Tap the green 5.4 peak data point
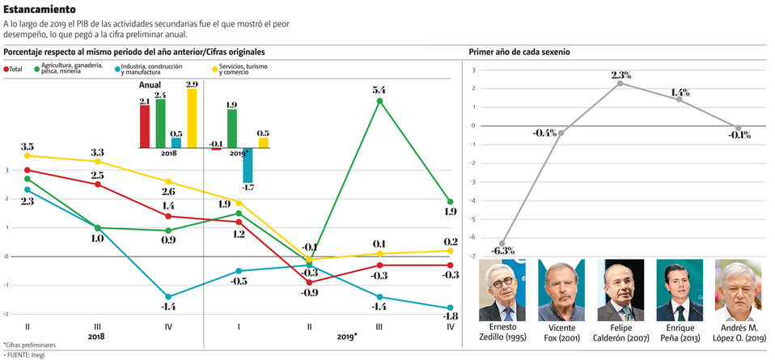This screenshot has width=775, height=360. click(x=380, y=101)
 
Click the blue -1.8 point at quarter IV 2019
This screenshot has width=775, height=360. click(x=451, y=308)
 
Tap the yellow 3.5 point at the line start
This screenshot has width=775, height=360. click(x=28, y=155)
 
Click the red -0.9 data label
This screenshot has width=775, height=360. click(x=309, y=292)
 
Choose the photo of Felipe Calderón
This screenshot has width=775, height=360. click(x=620, y=290)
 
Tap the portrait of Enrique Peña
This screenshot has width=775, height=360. click(x=680, y=290)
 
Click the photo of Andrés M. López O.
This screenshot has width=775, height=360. click(x=738, y=290)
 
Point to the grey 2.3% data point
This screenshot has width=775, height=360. click(x=620, y=83)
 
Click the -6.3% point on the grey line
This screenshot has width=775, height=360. click(x=503, y=244)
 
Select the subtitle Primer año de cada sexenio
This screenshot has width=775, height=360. click(x=519, y=52)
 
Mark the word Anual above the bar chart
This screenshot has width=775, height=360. click(x=150, y=85)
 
